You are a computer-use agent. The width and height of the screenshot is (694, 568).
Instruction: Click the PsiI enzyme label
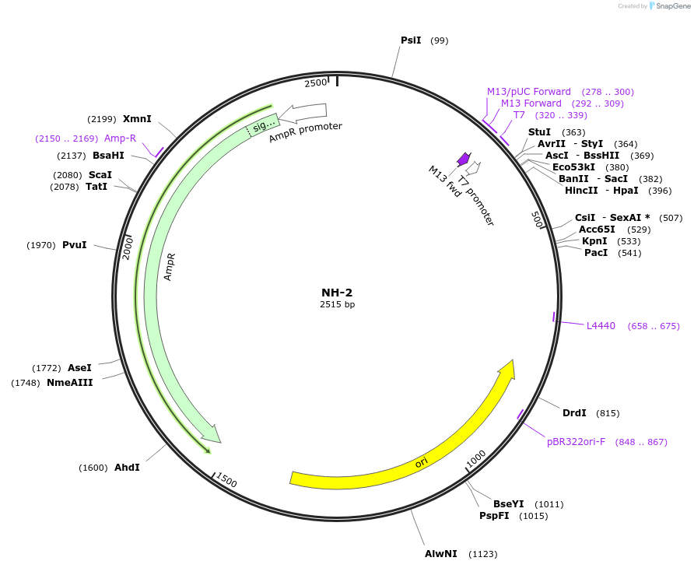(410, 40)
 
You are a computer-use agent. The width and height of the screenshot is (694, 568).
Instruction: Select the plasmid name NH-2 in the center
(337, 293)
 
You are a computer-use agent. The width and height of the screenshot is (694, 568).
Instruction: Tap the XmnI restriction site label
(137, 119)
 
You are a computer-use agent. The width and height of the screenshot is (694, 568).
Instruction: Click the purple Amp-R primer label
(120, 138)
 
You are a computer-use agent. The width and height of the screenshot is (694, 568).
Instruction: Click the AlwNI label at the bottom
(440, 554)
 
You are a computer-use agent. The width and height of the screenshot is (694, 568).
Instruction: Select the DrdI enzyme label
(574, 413)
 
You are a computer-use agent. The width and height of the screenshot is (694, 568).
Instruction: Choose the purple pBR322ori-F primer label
(576, 442)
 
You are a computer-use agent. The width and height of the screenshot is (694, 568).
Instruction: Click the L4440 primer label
(601, 326)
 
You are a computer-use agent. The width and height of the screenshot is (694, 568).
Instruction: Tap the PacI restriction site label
(596, 253)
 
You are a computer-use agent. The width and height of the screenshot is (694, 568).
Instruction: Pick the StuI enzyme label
(539, 132)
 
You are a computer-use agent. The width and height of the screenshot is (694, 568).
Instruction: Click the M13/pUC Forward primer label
(528, 92)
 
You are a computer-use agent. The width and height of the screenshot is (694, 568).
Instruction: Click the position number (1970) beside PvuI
(41, 245)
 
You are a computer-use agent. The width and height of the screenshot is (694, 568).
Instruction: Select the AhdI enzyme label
(127, 468)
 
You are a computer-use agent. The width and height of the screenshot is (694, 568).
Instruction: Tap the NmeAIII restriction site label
(69, 383)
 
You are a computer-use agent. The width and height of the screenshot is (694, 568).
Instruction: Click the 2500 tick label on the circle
(316, 82)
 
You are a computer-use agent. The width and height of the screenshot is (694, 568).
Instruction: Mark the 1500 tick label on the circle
(226, 481)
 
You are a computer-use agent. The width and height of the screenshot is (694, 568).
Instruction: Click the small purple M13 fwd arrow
(464, 159)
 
